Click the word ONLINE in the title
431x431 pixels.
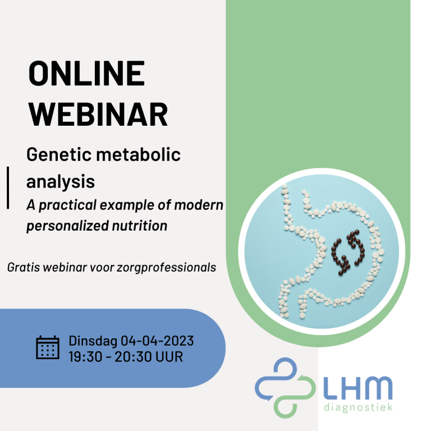point(86,73)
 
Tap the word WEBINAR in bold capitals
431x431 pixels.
point(98,114)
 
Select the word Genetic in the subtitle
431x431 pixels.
point(58,154)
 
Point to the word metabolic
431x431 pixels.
point(138,154)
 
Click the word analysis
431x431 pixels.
point(61,182)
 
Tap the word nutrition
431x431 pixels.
point(140,226)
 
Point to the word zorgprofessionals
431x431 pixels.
point(166,268)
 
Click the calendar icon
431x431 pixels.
point(48,347)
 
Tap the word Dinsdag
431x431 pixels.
point(93,341)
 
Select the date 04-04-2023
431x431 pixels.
point(157,341)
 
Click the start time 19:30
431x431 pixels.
point(85,357)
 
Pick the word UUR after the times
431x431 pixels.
point(169,357)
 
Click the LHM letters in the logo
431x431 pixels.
point(357,388)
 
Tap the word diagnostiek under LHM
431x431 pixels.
point(358,407)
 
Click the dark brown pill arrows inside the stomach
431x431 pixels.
point(348,253)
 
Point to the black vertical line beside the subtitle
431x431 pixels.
point(8,188)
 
